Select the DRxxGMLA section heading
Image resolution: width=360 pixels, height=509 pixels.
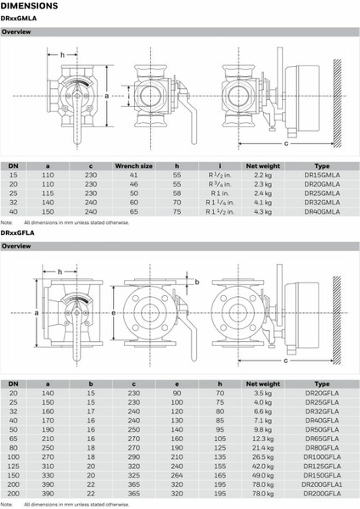(x=20, y=19)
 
